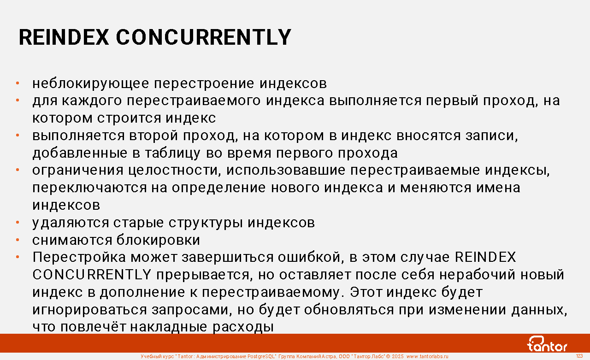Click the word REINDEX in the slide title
click(64, 37)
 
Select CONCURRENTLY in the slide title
click(204, 37)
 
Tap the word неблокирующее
click(91, 84)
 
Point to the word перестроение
click(204, 84)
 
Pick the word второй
click(153, 136)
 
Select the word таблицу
click(172, 153)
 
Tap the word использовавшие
click(286, 170)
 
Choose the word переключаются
click(89, 188)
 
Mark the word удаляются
click(71, 223)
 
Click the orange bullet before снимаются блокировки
click(18, 240)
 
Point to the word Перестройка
click(79, 257)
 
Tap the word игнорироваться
click(89, 310)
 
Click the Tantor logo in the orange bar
click(547, 344)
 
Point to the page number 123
click(579, 356)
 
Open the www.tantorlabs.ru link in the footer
click(427, 356)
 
